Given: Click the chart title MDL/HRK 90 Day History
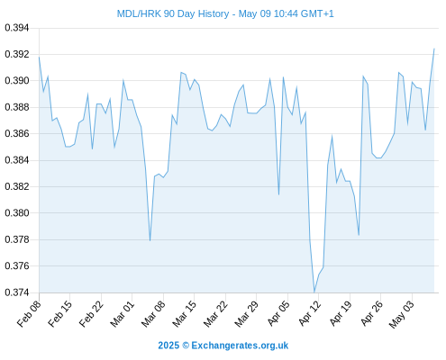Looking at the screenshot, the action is click(173, 13).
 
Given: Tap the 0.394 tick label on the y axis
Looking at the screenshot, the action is click(17, 28).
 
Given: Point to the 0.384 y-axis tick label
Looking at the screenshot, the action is click(17, 160).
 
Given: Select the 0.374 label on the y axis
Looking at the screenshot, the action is click(17, 292).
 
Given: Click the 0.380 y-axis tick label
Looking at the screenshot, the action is click(17, 213).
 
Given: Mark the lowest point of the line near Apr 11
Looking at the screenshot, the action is click(314, 292).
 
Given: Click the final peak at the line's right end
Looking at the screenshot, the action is click(434, 49).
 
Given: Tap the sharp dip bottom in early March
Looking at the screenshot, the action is click(150, 240).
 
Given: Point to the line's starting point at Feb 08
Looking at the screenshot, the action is click(39, 57).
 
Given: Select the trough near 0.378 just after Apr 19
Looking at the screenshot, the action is click(359, 235).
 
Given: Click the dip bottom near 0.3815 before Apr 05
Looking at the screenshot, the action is click(278, 194).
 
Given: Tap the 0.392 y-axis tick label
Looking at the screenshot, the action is click(17, 54).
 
